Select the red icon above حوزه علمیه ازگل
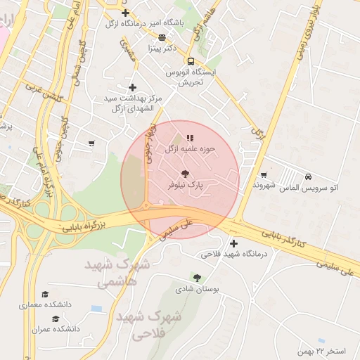point(189,138)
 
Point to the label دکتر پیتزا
point(161,49)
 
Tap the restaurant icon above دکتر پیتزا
point(162,38)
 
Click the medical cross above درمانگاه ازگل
point(125,13)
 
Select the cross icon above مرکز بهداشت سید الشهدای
point(131,86)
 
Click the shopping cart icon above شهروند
point(264,174)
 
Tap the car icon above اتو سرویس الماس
point(309,176)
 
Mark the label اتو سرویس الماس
point(309,188)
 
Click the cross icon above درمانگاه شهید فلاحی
point(233,243)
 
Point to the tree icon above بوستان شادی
point(197,278)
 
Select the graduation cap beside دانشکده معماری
point(46,294)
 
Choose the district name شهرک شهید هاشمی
point(117,273)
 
